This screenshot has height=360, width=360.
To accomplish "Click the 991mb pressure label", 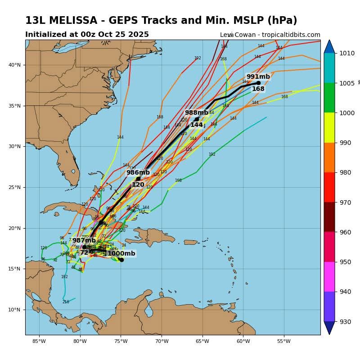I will pos(258,77).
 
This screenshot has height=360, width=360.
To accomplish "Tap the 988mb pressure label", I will pos(196,113).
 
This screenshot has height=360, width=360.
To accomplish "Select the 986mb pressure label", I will pos(138,173).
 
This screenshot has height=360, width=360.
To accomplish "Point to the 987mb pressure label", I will pos(84,241).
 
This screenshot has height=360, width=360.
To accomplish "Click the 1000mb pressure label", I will pos(121,254).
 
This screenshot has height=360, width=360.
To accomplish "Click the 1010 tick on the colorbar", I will pos(347,53).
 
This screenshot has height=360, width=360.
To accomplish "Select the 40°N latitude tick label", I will pos(14,65).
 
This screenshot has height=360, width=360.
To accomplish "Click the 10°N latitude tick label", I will pos(14,310).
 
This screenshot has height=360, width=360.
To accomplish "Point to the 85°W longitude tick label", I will pos(39,341).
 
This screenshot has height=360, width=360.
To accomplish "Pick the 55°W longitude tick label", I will pos(283,341).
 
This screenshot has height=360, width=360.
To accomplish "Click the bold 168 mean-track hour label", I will pos(258,89).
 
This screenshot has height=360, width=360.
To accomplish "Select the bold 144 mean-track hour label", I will pos(196,125).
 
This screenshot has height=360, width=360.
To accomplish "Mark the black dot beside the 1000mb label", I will pos(121,260).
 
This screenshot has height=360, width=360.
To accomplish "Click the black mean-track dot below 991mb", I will pos(258,83).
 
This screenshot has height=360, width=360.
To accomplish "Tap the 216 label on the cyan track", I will pos(66,302).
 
